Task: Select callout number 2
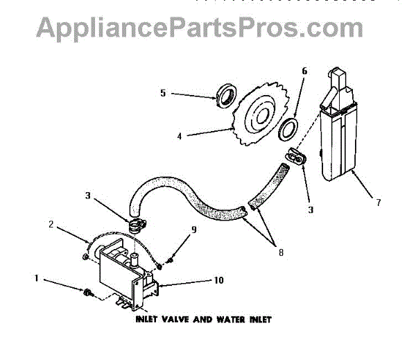pyautogui.click(x=51, y=224)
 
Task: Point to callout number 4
pyautogui.click(x=180, y=137)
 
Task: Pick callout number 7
pyautogui.click(x=379, y=203)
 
